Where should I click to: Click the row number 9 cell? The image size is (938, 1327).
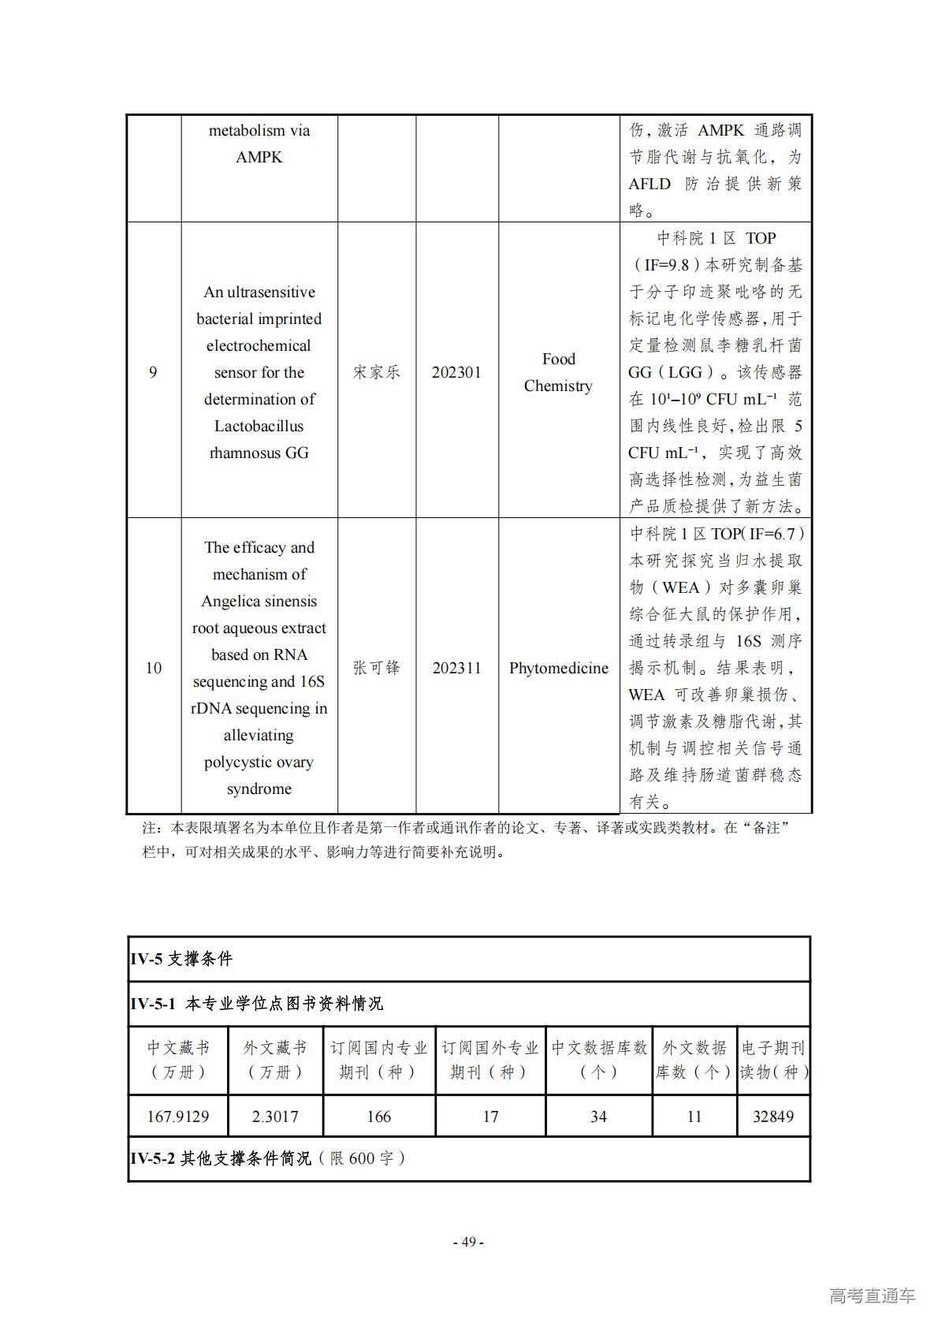[x=153, y=372]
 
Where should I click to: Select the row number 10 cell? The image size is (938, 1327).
[x=154, y=668]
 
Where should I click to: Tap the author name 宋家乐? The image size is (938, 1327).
[x=376, y=372]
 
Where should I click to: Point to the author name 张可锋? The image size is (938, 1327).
[x=376, y=668]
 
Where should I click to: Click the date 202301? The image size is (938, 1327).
[x=456, y=372]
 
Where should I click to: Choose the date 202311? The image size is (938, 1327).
[x=456, y=668]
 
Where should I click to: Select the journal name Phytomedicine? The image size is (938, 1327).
[x=559, y=668]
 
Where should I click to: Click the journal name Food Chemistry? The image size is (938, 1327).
[x=558, y=372]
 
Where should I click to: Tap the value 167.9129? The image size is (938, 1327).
[x=178, y=1116]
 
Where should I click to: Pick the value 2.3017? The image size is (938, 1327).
[x=275, y=1116]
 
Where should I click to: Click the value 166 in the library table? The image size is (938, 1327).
[x=379, y=1116]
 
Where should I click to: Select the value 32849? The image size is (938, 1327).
[x=773, y=1116]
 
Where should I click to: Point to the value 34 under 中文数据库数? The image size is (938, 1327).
[x=599, y=1116]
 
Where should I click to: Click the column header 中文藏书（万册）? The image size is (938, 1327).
[x=179, y=1060]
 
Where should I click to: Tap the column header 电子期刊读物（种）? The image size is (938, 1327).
[x=773, y=1060]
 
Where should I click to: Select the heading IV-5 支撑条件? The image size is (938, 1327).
[x=182, y=959]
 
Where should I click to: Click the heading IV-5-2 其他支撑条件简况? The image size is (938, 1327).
[x=267, y=1158]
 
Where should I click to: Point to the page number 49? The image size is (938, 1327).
[x=468, y=1242]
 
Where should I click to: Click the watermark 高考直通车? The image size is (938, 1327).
[x=872, y=1295]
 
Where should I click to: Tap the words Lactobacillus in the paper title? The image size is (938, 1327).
[x=259, y=426]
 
